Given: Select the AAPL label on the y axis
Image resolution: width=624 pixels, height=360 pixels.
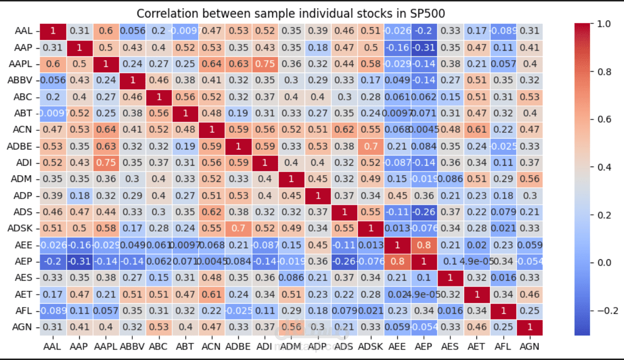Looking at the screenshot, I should pos(23,64).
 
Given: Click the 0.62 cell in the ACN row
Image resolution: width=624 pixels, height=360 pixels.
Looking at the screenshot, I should pos(343,130).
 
